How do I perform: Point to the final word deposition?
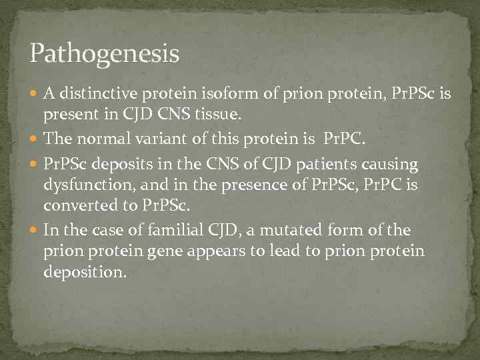coord(84,273)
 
